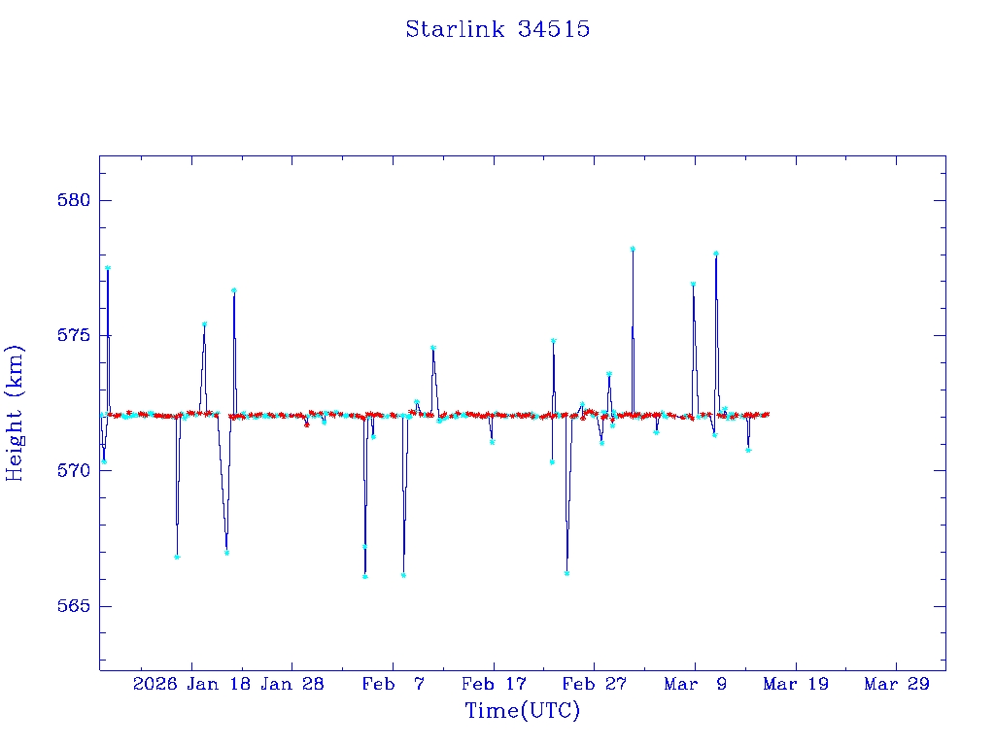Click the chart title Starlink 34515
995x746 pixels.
[497, 29]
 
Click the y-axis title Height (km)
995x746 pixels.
[15, 413]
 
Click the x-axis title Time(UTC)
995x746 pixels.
[522, 711]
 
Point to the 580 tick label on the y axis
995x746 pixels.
[75, 201]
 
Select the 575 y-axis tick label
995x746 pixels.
[75, 336]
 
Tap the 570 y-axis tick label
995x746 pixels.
[75, 471]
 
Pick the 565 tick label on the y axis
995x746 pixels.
[75, 606]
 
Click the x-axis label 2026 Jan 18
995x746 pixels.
[191, 685]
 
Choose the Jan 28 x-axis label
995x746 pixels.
[292, 685]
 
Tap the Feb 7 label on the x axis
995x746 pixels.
[393, 685]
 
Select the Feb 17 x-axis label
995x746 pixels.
[493, 685]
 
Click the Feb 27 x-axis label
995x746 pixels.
[594, 685]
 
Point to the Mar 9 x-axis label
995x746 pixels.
[695, 685]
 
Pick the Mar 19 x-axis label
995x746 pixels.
[795, 685]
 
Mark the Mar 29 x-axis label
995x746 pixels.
[896, 685]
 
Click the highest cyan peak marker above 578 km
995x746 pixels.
[633, 249]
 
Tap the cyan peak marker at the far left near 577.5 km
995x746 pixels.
[108, 268]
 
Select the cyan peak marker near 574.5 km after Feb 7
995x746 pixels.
[432, 348]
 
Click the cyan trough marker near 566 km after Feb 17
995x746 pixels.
[566, 573]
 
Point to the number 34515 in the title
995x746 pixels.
[554, 29]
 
